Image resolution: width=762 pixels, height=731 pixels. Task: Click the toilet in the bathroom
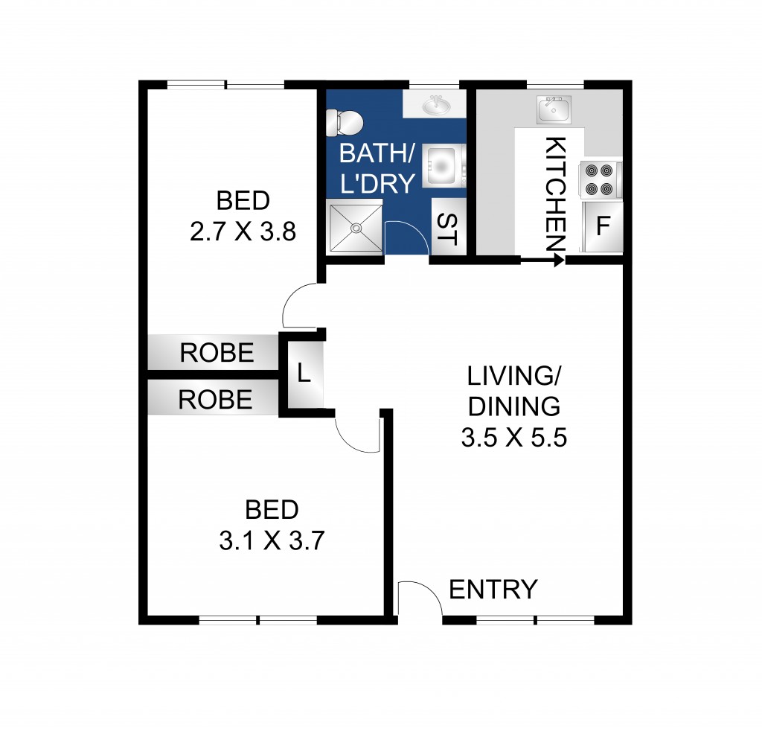click(x=345, y=121)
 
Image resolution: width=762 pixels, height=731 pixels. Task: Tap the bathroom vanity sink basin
click(x=436, y=106)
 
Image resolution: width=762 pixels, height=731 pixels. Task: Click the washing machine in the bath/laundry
click(x=444, y=166)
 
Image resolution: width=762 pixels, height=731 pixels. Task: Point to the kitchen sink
click(x=553, y=110)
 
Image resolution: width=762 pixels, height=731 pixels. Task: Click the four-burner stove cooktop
click(x=601, y=181)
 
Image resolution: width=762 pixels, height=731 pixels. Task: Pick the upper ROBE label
click(x=217, y=353)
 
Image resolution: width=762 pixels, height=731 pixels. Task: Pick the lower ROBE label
click(x=216, y=400)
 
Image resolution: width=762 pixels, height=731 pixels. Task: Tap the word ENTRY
click(x=493, y=590)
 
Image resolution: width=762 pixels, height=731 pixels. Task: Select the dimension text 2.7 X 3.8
click(x=243, y=232)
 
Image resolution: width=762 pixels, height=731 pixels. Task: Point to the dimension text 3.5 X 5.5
click(x=514, y=438)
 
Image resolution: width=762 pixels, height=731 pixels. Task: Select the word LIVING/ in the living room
click(x=513, y=376)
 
